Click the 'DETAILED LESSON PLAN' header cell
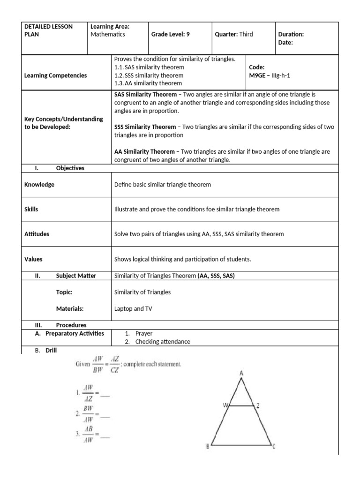(x=48, y=30)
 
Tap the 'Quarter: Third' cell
(x=233, y=34)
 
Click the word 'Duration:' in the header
(x=291, y=34)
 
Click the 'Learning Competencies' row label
(x=55, y=75)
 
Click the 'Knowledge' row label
(x=39, y=185)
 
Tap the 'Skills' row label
(x=31, y=210)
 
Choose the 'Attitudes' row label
(x=37, y=234)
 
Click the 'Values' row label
(x=33, y=258)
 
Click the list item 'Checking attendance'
(x=163, y=342)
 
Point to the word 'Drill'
(x=51, y=350)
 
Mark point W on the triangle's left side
(x=225, y=406)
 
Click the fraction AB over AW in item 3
(x=88, y=435)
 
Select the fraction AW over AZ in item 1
(x=88, y=393)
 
